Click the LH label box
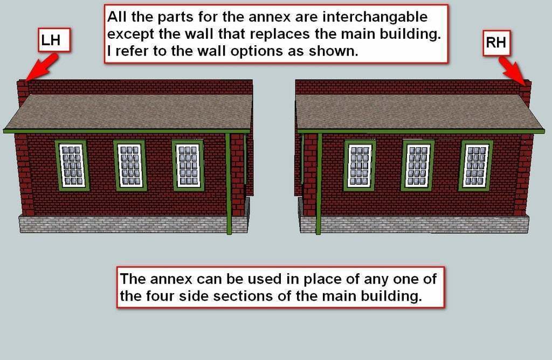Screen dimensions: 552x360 pyautogui.click(x=54, y=40)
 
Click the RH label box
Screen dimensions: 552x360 pyautogui.click(x=496, y=43)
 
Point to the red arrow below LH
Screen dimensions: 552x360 pyautogui.click(x=42, y=67)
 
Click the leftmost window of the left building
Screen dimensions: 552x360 pyautogui.click(x=72, y=165)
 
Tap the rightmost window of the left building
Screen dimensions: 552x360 pyautogui.click(x=188, y=165)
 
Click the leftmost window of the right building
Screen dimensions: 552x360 pyautogui.click(x=360, y=165)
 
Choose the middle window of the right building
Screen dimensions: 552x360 pyautogui.click(x=418, y=165)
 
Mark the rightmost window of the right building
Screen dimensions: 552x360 pyautogui.click(x=476, y=165)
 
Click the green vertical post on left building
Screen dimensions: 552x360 pyautogui.click(x=228, y=184)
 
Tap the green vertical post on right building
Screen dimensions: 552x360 pyautogui.click(x=319, y=184)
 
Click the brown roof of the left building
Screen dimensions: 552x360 pyautogui.click(x=128, y=112)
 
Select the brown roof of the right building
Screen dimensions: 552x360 pyautogui.click(x=419, y=112)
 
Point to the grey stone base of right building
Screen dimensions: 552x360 pyautogui.click(x=414, y=225)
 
